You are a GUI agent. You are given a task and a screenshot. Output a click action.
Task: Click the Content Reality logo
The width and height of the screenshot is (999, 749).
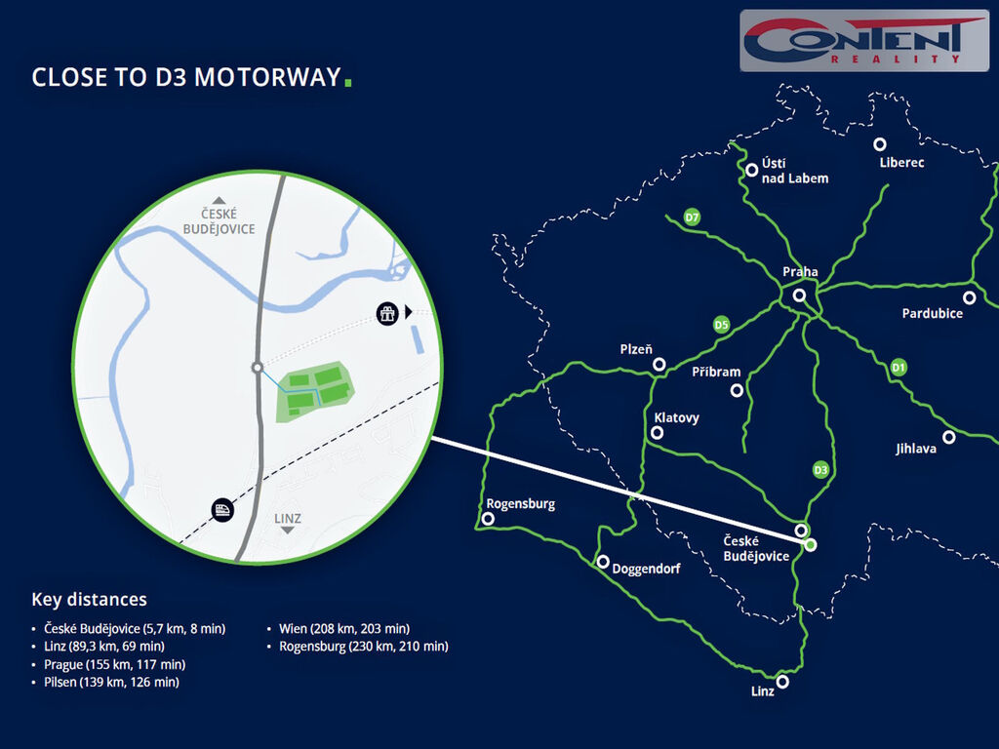[x=863, y=41]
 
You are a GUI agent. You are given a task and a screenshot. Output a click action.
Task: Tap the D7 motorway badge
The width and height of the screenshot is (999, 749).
[x=692, y=217]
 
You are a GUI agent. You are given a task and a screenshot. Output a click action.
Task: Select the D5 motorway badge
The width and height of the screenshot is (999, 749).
[x=722, y=324]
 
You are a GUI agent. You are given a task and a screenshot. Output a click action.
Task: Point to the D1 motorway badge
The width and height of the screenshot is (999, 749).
[x=899, y=368]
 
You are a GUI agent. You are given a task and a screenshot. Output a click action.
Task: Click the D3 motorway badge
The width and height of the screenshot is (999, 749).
[x=821, y=470]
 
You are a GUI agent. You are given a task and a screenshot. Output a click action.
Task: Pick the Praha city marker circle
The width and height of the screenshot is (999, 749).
[x=799, y=295]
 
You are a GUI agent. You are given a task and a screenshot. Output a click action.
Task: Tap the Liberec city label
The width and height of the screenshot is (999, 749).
[x=901, y=163]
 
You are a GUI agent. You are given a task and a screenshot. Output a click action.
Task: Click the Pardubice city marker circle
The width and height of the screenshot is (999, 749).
[x=969, y=297]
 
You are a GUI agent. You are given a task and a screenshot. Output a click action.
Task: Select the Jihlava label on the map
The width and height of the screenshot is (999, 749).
[x=916, y=450]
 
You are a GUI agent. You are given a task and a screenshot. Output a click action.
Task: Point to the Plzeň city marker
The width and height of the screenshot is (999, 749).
[x=659, y=364]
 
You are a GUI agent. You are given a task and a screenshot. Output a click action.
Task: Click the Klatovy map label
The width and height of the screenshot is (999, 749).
[x=676, y=417]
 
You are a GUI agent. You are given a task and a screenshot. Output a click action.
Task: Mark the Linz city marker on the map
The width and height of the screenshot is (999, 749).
[x=782, y=682]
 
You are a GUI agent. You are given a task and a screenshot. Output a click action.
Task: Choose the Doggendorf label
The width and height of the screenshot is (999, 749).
[x=646, y=569]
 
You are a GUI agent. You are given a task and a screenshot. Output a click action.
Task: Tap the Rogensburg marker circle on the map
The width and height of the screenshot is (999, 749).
[x=488, y=519]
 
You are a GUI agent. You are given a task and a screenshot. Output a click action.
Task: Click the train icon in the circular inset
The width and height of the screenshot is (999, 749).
[x=222, y=509]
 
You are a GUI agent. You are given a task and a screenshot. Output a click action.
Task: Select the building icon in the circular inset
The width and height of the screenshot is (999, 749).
[x=388, y=313]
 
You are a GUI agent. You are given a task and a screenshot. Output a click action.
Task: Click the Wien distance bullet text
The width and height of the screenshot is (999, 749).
[x=343, y=628]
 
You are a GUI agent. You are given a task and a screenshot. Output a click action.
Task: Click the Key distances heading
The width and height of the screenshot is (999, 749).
[x=89, y=600]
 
